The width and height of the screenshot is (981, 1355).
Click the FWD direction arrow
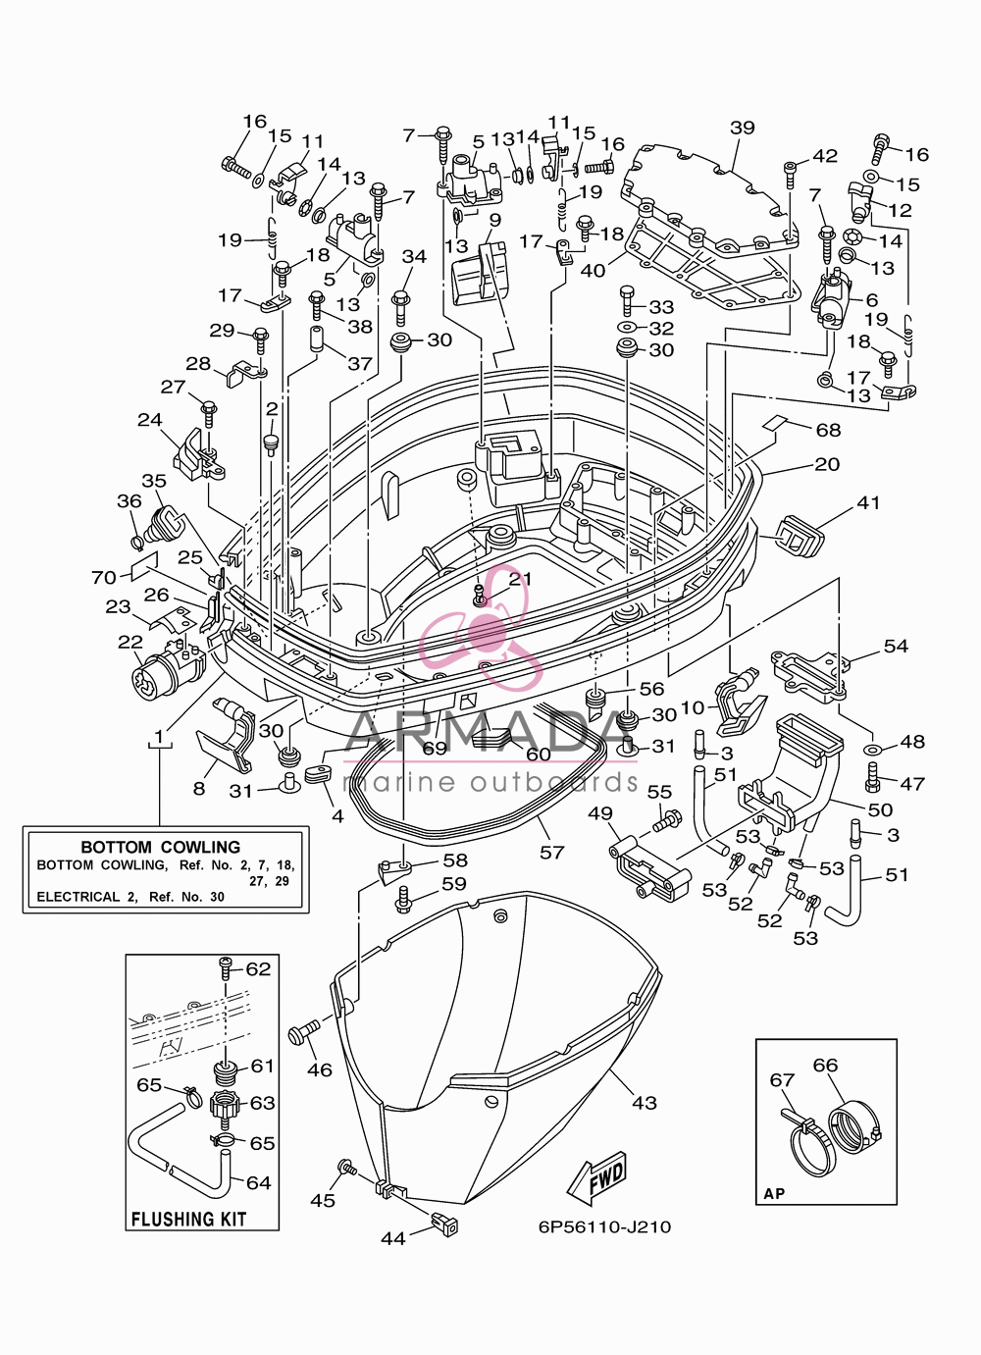[x=596, y=1179]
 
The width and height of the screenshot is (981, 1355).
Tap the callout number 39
[x=742, y=128]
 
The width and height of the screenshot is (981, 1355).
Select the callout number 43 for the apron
[x=645, y=1103]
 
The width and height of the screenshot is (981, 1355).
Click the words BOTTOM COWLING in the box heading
[x=161, y=847]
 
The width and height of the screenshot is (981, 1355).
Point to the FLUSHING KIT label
[x=188, y=1219]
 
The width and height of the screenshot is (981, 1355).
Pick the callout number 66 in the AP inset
[x=825, y=1065]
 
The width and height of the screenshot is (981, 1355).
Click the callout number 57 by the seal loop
[x=551, y=853]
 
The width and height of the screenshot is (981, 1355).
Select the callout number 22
[x=130, y=642]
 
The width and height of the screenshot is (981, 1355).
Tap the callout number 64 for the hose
[x=258, y=1182]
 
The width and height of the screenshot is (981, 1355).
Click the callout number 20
[x=827, y=464]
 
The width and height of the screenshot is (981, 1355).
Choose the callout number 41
[x=868, y=502]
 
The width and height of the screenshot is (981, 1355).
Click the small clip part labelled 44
[x=444, y=1224]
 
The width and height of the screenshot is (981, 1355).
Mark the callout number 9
[x=494, y=220]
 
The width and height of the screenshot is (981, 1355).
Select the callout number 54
[x=896, y=646]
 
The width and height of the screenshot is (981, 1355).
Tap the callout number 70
[x=103, y=578]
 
